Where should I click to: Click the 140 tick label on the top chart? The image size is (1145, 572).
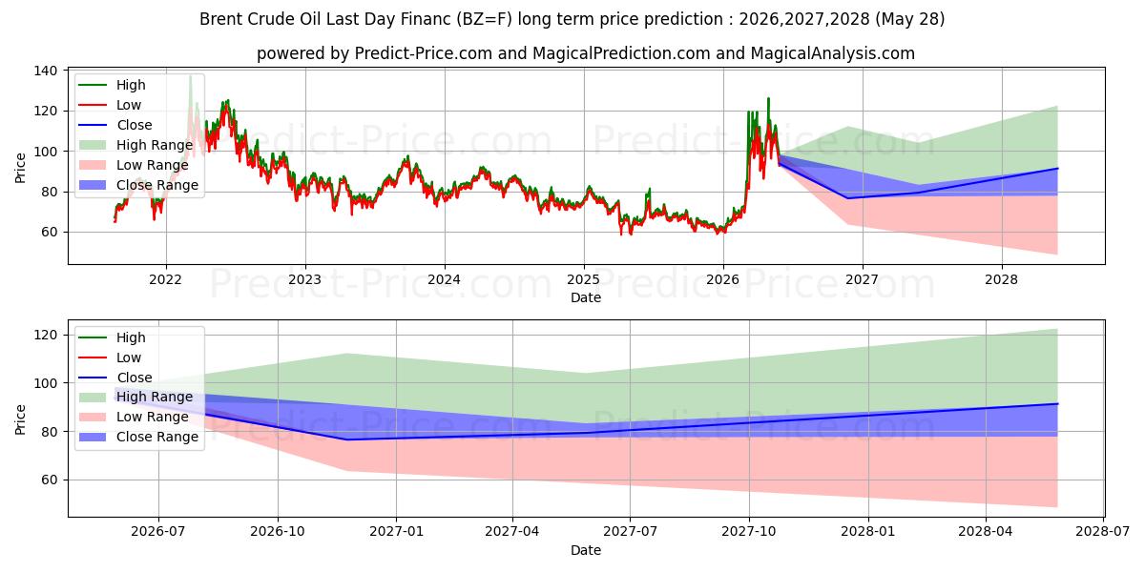(45, 71)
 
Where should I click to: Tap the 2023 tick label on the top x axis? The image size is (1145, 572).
(304, 280)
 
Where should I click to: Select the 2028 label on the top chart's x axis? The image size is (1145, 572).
(1001, 280)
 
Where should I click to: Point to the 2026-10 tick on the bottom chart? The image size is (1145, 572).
(278, 532)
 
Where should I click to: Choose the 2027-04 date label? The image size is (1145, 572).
(512, 532)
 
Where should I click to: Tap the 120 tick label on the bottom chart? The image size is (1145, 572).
(45, 335)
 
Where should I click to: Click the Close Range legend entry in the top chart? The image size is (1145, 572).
(138, 185)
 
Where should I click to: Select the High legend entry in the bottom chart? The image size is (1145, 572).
(113, 337)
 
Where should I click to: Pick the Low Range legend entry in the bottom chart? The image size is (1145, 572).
(134, 417)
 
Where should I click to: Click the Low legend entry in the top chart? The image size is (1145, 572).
(110, 105)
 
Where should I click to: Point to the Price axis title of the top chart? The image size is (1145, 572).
(20, 168)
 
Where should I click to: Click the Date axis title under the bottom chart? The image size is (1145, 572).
(586, 550)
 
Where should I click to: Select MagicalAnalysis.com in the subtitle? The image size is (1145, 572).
(833, 53)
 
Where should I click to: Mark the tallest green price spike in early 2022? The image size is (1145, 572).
(190, 76)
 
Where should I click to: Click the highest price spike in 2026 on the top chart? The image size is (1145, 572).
(768, 98)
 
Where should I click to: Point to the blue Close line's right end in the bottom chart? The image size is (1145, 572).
(1057, 404)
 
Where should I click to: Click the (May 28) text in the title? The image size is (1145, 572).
(910, 19)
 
